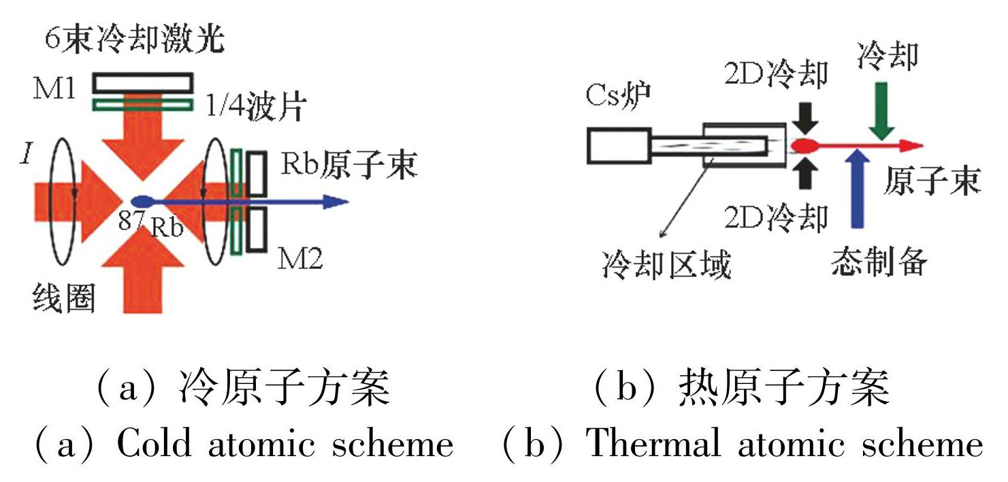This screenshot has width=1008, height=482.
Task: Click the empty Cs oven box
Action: (x=616, y=146)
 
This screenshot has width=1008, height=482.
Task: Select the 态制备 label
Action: (x=879, y=262)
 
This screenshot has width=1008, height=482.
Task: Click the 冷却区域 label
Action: (x=666, y=264)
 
